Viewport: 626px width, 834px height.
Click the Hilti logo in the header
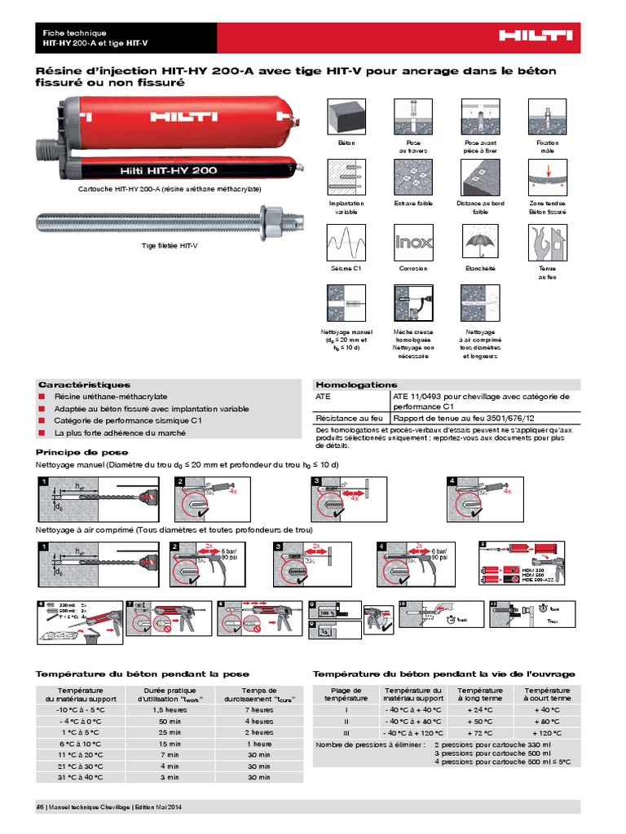click(536, 35)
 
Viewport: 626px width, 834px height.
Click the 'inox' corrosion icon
click(413, 242)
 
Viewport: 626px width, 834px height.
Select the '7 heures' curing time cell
click(259, 710)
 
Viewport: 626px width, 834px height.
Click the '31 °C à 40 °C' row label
click(81, 778)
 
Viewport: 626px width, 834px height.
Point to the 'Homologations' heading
click(356, 384)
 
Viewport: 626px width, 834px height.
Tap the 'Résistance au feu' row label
click(350, 418)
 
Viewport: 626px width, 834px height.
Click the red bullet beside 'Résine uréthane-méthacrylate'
click(42, 397)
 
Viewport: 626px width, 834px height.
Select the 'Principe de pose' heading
click(82, 452)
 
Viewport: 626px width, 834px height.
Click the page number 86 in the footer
click(40, 807)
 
